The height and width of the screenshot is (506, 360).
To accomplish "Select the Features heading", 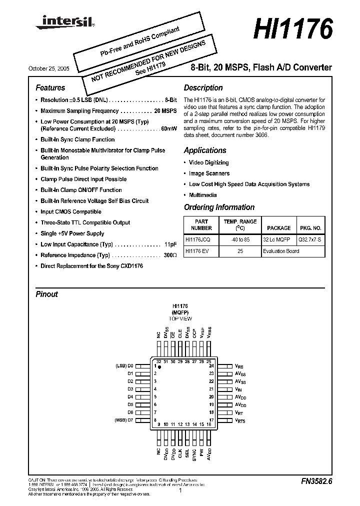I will [x=50, y=88].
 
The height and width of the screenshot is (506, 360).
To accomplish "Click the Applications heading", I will [x=205, y=150].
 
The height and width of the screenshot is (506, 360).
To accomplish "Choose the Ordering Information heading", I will [x=219, y=207].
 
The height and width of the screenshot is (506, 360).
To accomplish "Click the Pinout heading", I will [x=46, y=294].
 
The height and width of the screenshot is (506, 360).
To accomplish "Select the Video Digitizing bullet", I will [x=208, y=162].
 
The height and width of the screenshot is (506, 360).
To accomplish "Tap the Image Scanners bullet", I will [x=209, y=173].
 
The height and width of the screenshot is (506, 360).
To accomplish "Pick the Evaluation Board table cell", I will [x=280, y=251].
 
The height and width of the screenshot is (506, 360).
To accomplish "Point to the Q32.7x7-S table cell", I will [x=310, y=240].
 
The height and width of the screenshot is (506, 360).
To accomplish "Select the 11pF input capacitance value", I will [x=170, y=244].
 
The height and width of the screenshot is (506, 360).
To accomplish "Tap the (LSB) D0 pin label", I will [x=124, y=366].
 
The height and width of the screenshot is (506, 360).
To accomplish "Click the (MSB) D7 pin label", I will [x=124, y=420].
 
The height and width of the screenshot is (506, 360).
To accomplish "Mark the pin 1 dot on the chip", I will [x=160, y=367].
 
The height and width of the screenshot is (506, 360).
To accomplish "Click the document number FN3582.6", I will [x=316, y=481].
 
